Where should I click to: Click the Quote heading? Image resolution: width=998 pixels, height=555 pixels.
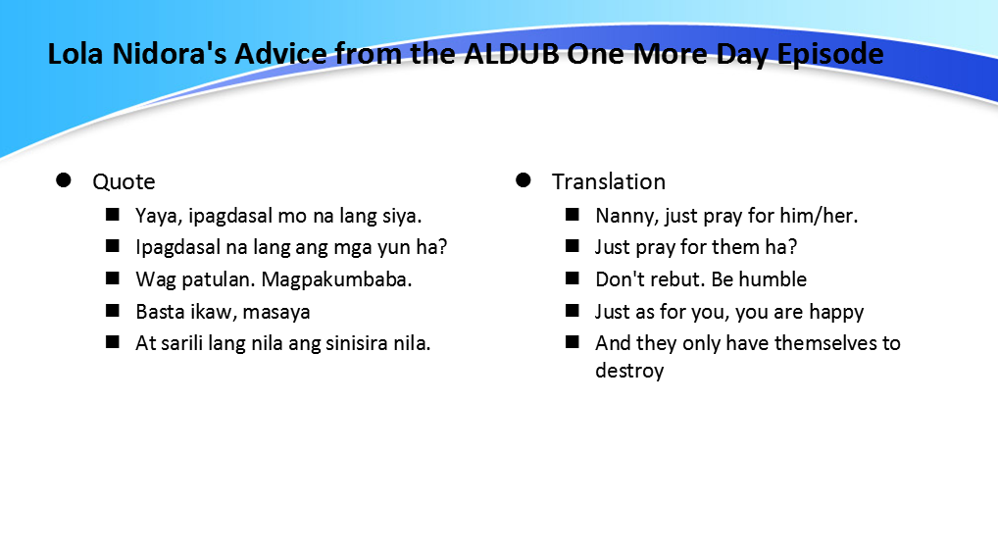pyautogui.click(x=124, y=181)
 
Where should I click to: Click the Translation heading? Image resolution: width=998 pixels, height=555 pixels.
pyautogui.click(x=608, y=181)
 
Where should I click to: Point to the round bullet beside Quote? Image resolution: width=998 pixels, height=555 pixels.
pyautogui.click(x=65, y=180)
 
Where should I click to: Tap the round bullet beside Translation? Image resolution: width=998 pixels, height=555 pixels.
pyautogui.click(x=524, y=180)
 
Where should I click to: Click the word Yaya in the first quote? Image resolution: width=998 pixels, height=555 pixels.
pyautogui.click(x=155, y=216)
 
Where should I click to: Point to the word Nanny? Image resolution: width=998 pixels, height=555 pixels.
pyautogui.click(x=623, y=216)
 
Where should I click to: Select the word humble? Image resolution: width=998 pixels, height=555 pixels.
pyautogui.click(x=773, y=279)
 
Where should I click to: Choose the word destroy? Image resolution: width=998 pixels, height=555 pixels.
pyautogui.click(x=629, y=371)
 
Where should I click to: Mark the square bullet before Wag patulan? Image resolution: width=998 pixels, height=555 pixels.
pyautogui.click(x=114, y=278)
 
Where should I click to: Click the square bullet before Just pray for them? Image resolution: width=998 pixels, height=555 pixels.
pyautogui.click(x=573, y=246)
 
